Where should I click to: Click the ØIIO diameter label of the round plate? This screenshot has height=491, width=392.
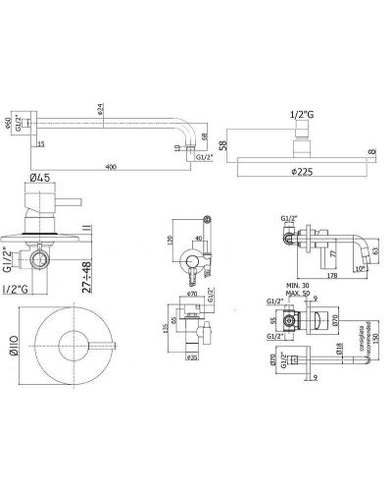tap(13, 344)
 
